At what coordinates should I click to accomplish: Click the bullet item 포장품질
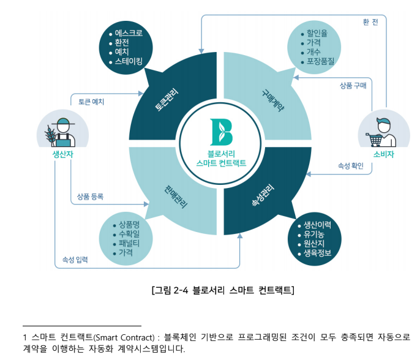(320, 62)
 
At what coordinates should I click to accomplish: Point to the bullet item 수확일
(128, 233)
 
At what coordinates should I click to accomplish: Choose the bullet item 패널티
(128, 242)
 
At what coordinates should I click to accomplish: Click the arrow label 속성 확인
(351, 166)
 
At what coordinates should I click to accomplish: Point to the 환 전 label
(370, 21)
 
